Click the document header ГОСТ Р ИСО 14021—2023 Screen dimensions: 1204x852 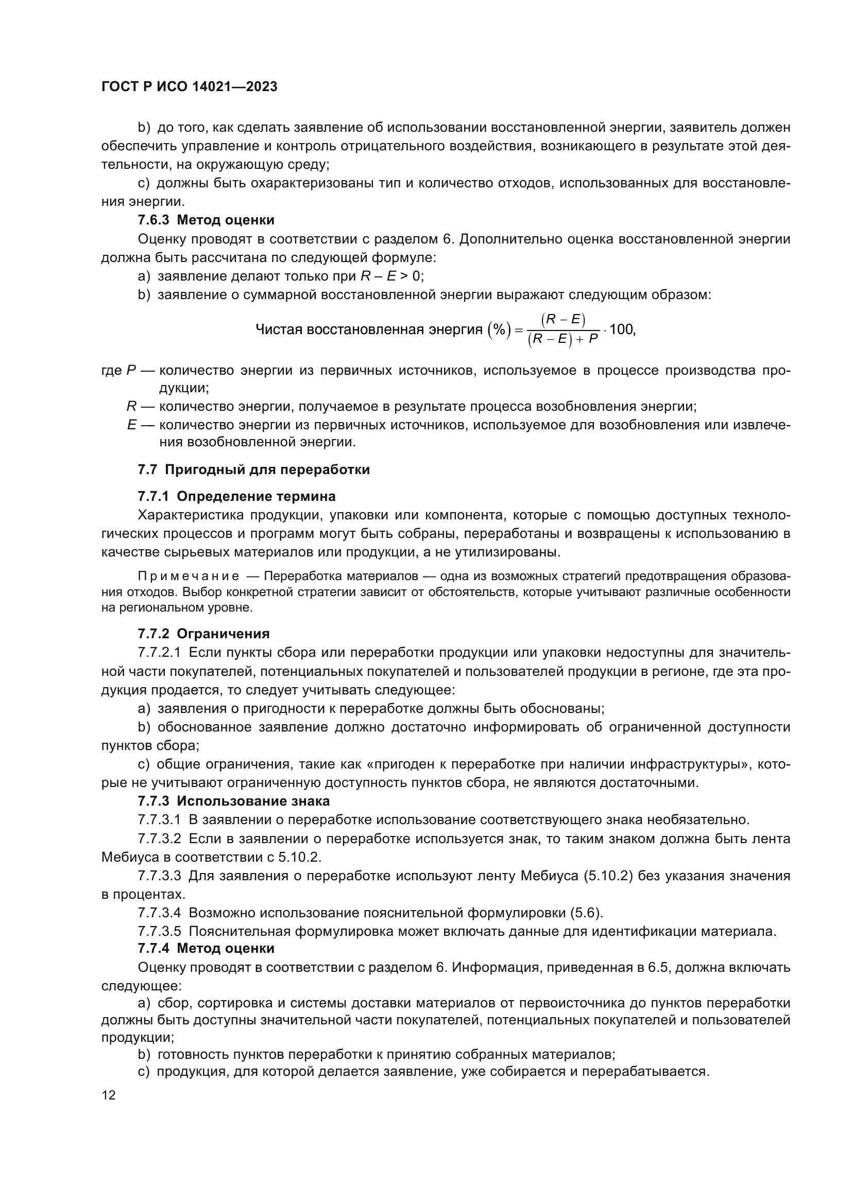coord(190,87)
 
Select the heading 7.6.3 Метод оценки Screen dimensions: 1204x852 coord(206,220)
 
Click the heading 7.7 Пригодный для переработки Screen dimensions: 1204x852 coord(253,469)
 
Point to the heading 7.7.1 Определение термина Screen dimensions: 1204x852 coord(236,496)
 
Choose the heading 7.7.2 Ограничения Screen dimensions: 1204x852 coord(203,634)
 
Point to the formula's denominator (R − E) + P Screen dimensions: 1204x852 coord(564,340)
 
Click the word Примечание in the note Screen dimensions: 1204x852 coord(189,577)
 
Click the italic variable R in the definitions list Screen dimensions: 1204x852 coord(131,407)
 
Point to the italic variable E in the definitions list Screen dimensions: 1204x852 coord(132,425)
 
